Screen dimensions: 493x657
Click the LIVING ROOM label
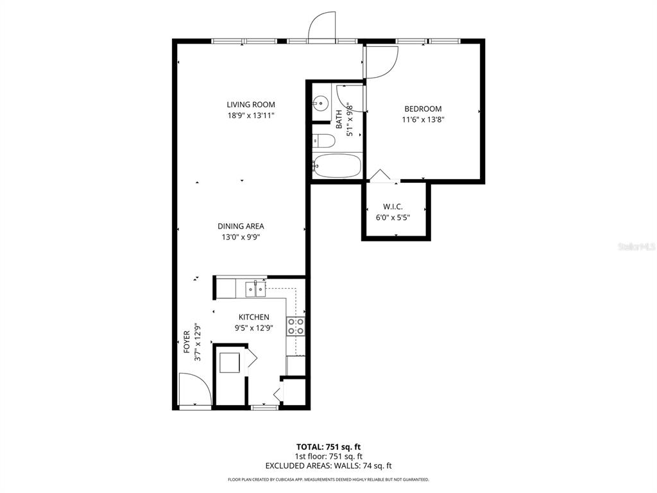point(250,105)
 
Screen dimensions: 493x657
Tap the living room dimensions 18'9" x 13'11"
point(250,116)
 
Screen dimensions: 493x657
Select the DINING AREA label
point(241,226)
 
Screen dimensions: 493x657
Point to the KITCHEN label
point(254,317)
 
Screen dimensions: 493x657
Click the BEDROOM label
point(423,109)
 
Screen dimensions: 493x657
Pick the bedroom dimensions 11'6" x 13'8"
point(423,119)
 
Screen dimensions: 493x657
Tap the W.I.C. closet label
point(393,207)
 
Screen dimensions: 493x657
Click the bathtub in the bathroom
point(337,166)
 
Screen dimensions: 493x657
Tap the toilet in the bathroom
point(324,141)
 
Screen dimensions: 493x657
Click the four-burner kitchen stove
point(295,326)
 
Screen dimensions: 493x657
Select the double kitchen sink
point(255,290)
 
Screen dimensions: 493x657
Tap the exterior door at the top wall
point(323,27)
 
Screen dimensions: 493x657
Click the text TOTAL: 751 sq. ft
point(328,447)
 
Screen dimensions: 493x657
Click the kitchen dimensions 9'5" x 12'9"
point(254,328)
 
